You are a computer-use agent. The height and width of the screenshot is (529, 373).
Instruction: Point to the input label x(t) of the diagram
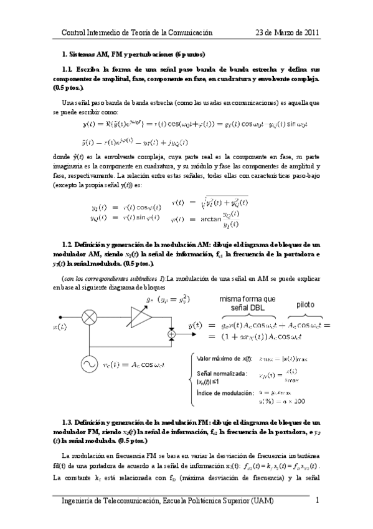click(60, 326)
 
